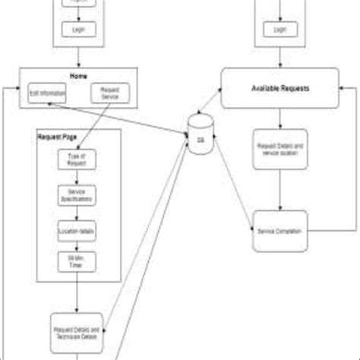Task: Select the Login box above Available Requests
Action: tap(280, 29)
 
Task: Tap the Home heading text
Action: tap(77, 77)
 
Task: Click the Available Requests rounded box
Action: tap(280, 89)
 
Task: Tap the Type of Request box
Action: tap(77, 159)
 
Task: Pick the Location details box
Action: tap(77, 229)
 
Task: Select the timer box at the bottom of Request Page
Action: tap(77, 263)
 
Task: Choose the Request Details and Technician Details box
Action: tap(77, 330)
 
